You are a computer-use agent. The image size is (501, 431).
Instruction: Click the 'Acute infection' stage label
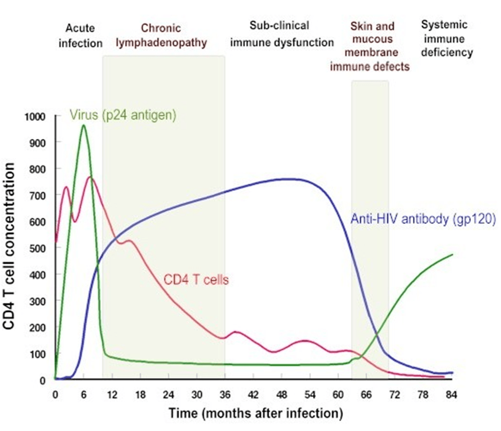80,36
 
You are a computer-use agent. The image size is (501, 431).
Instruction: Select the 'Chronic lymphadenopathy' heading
161,35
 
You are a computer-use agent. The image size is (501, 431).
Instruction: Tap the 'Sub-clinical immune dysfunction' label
282,34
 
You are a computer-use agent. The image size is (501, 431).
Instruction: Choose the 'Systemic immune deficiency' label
447,38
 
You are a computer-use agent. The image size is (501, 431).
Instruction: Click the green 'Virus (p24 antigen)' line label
123,115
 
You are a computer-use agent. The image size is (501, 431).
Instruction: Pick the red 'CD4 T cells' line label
196,280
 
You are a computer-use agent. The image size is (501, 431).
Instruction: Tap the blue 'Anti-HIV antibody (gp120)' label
423,219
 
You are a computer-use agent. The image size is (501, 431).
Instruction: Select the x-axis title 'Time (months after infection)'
256,413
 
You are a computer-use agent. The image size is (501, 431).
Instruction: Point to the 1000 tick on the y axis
35,116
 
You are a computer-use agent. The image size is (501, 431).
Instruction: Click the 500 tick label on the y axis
37,248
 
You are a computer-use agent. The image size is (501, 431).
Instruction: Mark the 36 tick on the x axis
225,395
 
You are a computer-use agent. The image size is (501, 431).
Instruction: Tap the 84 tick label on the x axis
451,395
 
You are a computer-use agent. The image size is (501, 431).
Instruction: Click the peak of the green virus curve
84,125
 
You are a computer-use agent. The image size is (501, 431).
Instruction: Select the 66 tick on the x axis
366,395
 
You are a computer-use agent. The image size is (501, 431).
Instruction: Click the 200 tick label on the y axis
37,328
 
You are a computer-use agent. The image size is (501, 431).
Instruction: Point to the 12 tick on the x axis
112,395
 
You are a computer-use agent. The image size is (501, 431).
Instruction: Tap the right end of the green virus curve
453,254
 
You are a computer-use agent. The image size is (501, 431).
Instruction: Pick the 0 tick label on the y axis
43,380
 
